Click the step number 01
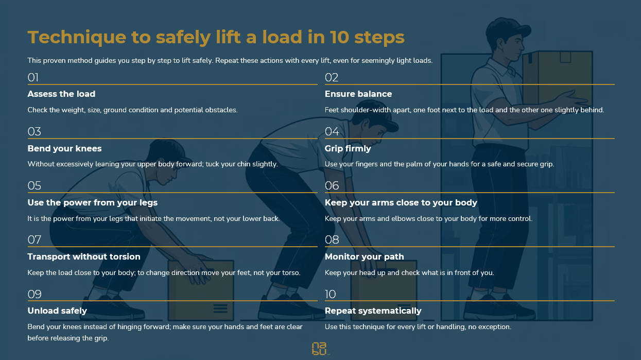pos(33,78)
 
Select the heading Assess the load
pos(61,94)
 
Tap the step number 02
pos(331,78)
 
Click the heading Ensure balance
pos(358,94)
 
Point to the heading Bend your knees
pos(64,148)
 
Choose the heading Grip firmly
pos(348,148)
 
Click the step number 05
pos(34,186)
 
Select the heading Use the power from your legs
pos(92,202)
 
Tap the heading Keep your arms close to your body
pos(401,202)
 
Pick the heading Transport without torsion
pos(83,256)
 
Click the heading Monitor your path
pos(364,256)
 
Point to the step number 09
pos(34,294)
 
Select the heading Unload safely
pos(57,311)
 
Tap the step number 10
pos(330,294)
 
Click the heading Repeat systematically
pos(373,311)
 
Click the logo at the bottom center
pos(320,348)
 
